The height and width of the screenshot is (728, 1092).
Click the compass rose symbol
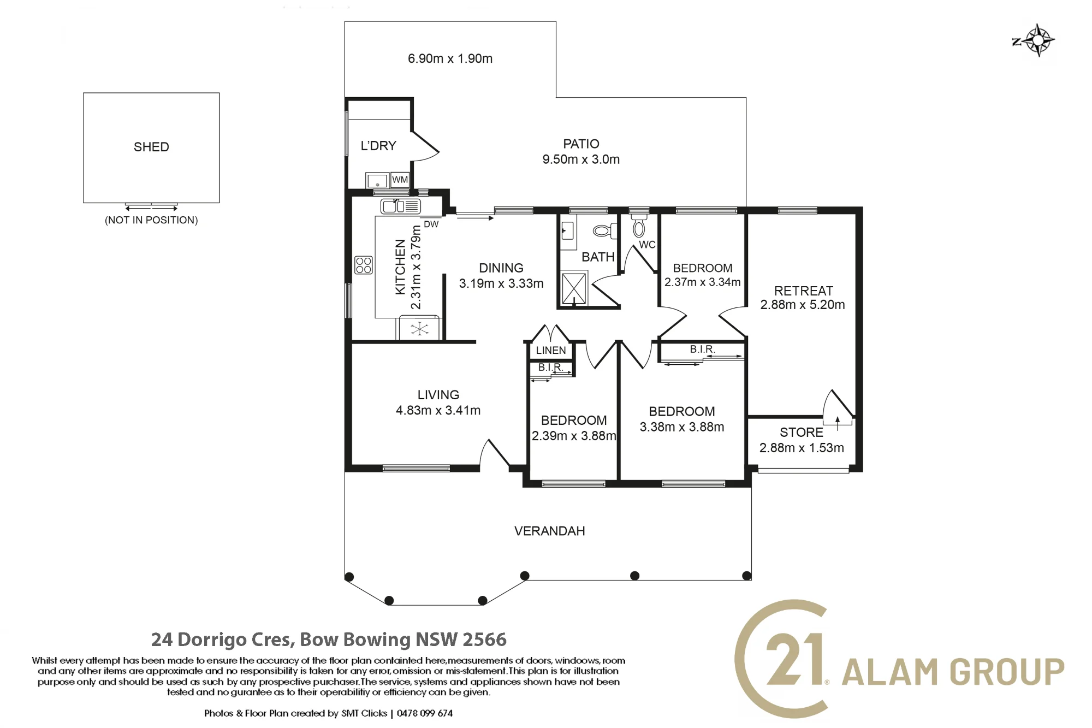[x=1035, y=40]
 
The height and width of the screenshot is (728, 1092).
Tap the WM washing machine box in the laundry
[x=400, y=180]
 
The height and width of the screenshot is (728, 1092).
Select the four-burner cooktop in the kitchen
[x=364, y=265]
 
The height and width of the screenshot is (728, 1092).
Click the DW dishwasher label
[x=431, y=224]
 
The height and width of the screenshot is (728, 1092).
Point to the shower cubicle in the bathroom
[x=574, y=288]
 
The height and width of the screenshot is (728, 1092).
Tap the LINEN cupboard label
[x=551, y=351]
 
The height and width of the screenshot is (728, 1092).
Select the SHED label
[x=151, y=147]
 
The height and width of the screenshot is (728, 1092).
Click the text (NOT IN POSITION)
[x=151, y=220]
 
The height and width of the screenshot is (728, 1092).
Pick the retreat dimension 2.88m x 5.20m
[x=803, y=305]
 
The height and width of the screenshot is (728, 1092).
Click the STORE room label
[x=802, y=433]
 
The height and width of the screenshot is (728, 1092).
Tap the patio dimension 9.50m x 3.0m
[x=581, y=159]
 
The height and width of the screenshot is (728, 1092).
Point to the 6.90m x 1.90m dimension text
[x=450, y=58]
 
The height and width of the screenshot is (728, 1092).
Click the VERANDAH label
[x=550, y=531]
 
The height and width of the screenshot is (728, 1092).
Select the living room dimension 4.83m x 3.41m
[x=438, y=410]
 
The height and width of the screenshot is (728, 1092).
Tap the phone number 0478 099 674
[x=425, y=713]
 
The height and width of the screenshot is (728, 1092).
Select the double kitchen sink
[x=401, y=206]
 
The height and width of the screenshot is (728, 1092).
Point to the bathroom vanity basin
[x=567, y=232]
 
